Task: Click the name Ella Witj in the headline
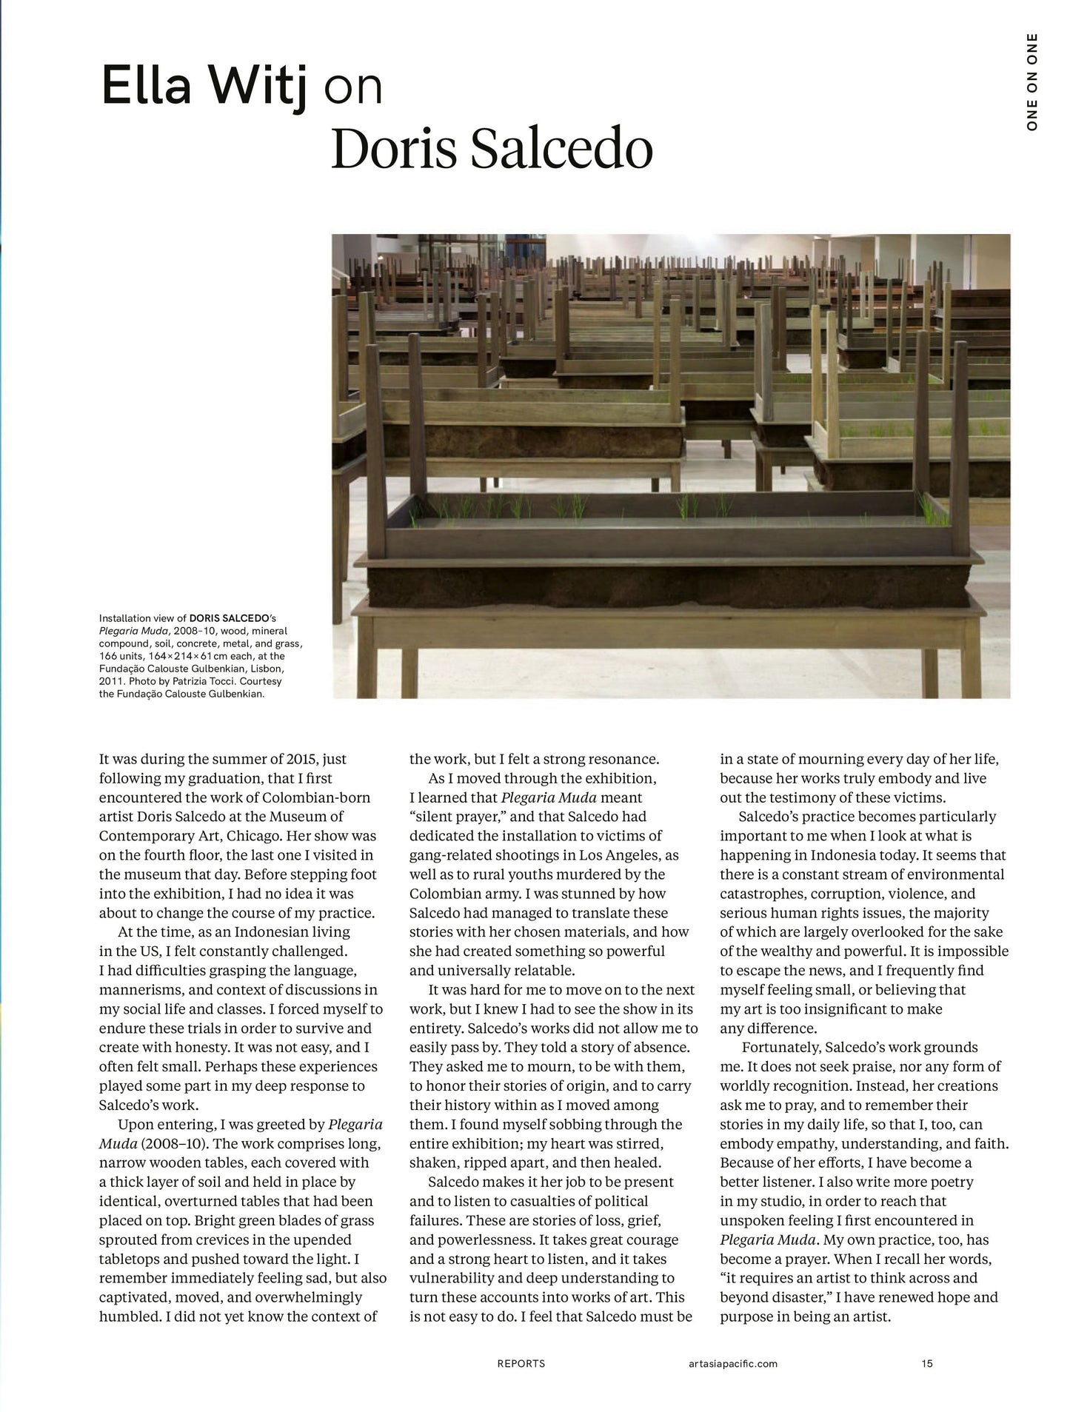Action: (x=203, y=87)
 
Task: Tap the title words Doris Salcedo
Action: (x=491, y=149)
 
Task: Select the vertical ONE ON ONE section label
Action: (x=1032, y=82)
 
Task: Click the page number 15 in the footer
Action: (x=927, y=1363)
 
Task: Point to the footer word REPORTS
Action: (x=521, y=1363)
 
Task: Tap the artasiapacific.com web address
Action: (x=731, y=1363)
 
